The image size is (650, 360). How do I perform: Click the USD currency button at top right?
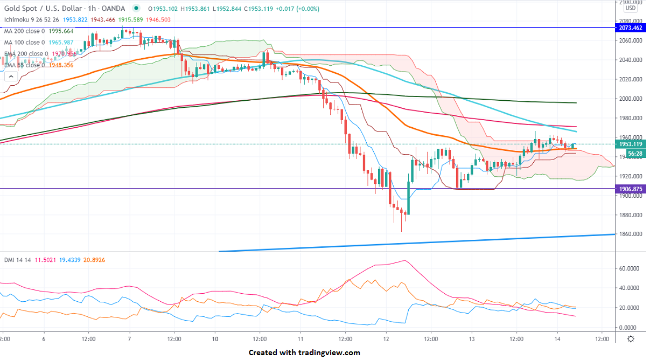(630, 8)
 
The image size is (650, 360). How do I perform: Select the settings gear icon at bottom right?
(631, 339)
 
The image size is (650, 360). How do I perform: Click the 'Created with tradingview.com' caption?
(304, 352)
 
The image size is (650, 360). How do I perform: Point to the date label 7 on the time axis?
(130, 340)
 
